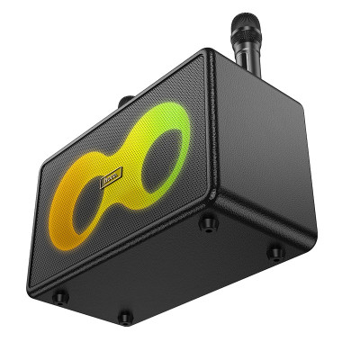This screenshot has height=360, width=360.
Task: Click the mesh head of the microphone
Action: tap(244, 26)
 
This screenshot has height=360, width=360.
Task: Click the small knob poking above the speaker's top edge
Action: tap(127, 101)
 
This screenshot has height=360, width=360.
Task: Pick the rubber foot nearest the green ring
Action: tap(208, 220)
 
